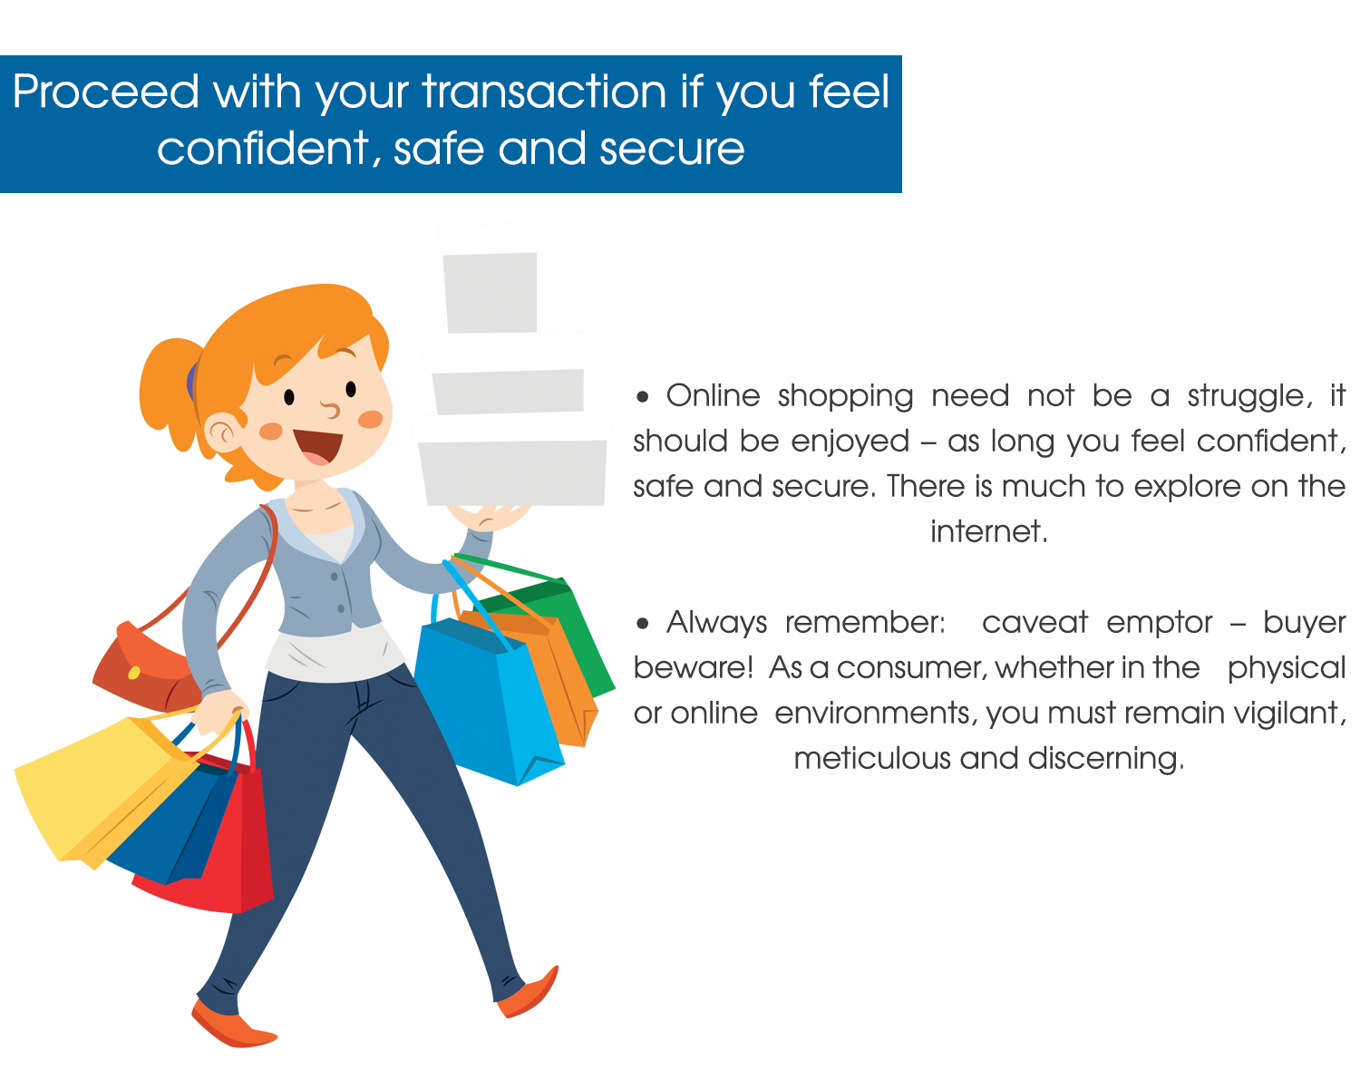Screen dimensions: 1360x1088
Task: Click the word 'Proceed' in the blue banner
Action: (105, 92)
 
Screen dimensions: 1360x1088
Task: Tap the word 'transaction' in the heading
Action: (544, 92)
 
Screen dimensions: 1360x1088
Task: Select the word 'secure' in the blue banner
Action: (672, 150)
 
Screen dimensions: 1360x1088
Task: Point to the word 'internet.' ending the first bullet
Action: (989, 531)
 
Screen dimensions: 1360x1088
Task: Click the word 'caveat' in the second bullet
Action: (1035, 624)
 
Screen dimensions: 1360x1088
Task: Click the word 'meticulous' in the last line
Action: (871, 759)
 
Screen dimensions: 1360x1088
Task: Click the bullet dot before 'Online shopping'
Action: (643, 398)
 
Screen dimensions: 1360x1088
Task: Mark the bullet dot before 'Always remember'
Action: (643, 624)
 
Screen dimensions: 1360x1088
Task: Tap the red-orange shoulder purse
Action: (144, 667)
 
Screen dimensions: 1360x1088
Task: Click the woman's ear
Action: (221, 432)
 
